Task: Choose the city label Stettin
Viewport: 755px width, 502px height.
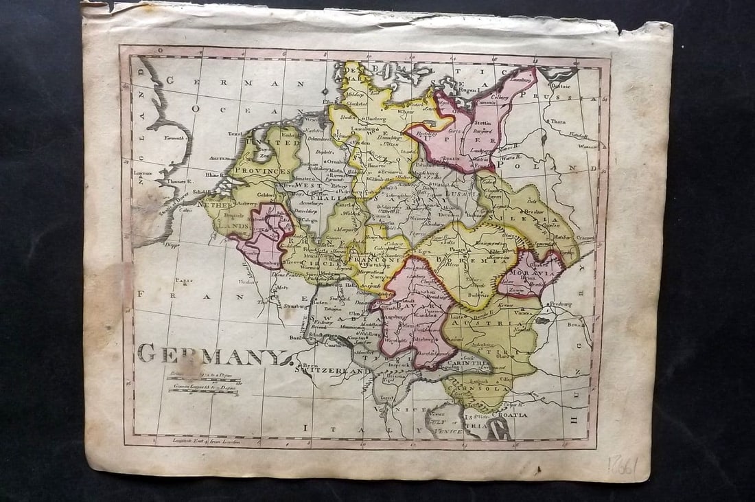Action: coord(485,126)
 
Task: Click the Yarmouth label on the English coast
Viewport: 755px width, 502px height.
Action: coord(175,138)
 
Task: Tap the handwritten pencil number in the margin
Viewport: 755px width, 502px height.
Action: coord(623,466)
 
